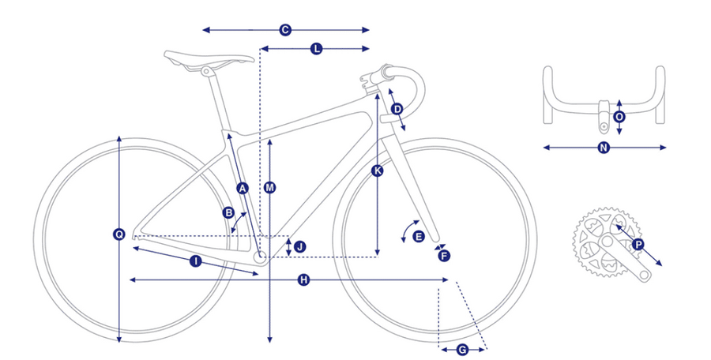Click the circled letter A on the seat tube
243,188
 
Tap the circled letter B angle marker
228,212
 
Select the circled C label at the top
285,30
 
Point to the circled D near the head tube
397,109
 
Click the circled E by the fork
419,236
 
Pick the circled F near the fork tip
444,256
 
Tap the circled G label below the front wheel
462,350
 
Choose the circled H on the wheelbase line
303,280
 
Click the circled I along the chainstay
195,261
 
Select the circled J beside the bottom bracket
299,247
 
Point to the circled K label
377,171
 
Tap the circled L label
317,49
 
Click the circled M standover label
270,188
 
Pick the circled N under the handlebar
603,148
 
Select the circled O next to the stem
619,117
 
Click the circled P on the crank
638,245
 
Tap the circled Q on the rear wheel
118,234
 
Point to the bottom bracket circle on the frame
261,257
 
